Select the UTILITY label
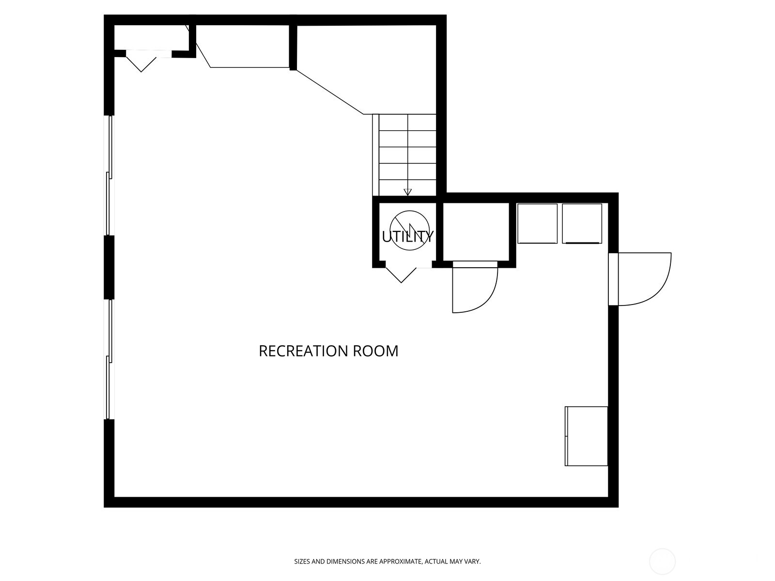point(407,237)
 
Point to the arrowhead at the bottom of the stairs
point(408,192)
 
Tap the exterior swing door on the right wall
point(644,279)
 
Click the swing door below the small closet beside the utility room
point(474,289)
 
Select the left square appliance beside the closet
point(537,223)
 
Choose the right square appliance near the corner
point(582,223)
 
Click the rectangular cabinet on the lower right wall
point(586,436)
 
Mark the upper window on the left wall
point(109,175)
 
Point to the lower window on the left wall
point(109,359)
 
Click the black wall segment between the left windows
point(109,267)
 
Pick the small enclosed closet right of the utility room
point(476,231)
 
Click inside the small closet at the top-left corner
point(151,37)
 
